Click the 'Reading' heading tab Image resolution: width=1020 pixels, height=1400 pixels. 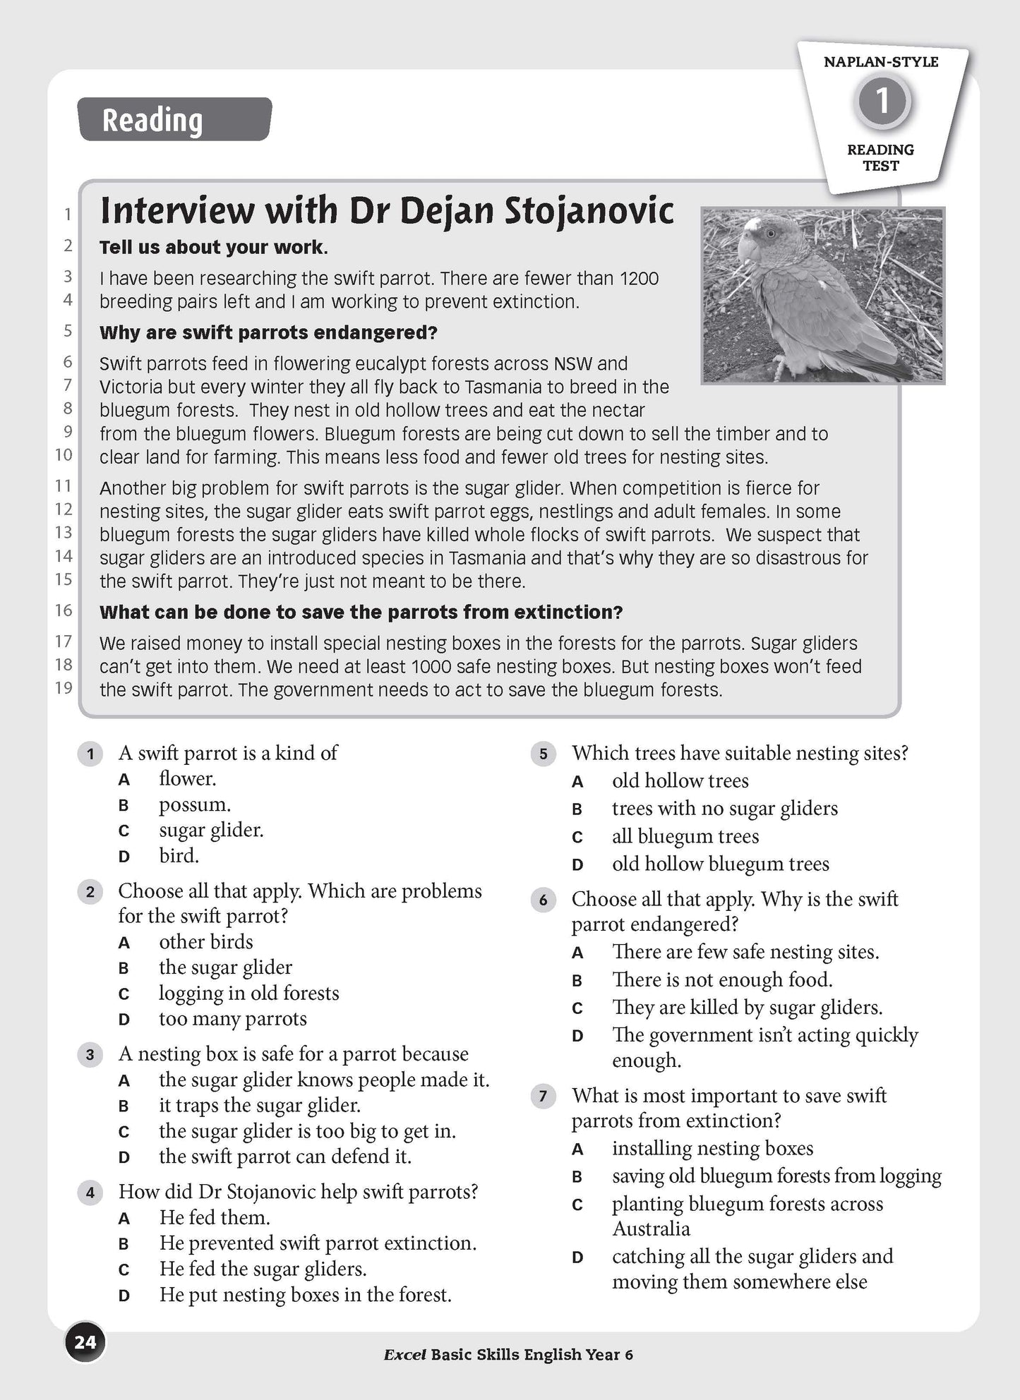click(x=174, y=119)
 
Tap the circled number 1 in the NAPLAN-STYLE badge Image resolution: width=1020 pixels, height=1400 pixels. click(x=882, y=102)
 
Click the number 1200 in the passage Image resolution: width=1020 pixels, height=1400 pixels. click(x=639, y=279)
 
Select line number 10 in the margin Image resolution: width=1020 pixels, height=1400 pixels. click(x=64, y=455)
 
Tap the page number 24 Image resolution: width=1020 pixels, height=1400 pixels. click(x=85, y=1341)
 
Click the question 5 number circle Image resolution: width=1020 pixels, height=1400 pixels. click(x=543, y=754)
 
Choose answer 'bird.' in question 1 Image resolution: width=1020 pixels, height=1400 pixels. click(x=179, y=856)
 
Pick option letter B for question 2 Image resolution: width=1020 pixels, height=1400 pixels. click(x=124, y=968)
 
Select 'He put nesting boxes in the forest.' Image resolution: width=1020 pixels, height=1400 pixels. click(x=305, y=1295)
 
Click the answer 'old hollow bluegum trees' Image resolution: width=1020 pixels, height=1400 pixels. click(x=720, y=864)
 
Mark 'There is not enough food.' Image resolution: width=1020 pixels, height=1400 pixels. click(x=722, y=980)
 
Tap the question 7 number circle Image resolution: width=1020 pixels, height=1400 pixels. click(x=543, y=1096)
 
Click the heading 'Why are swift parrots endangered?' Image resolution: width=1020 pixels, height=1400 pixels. click(x=268, y=332)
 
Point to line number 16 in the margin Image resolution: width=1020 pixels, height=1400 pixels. click(x=64, y=610)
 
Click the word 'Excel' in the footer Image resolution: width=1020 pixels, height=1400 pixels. click(x=404, y=1355)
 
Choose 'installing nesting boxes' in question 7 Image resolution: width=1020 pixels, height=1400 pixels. click(x=712, y=1149)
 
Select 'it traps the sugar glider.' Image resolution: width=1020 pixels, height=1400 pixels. click(x=259, y=1106)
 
